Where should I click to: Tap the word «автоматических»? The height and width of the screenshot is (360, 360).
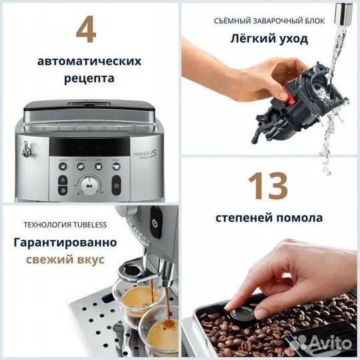click(x=89, y=61)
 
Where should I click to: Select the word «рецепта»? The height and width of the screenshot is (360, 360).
click(x=89, y=78)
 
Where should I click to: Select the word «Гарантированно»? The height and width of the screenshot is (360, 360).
click(x=65, y=242)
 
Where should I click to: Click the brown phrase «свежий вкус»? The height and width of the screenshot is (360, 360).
click(x=65, y=259)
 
